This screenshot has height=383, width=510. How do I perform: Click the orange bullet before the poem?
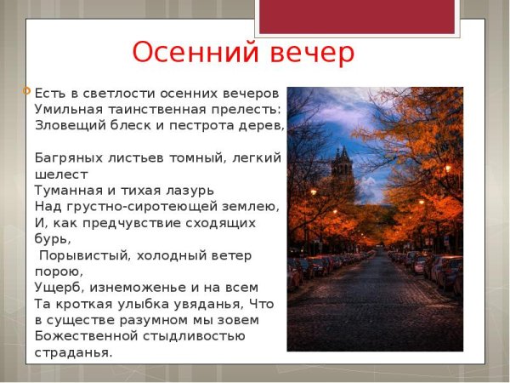(x=28, y=89)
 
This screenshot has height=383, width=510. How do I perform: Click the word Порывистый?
(x=82, y=254)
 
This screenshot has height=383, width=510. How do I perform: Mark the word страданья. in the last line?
(x=73, y=352)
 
